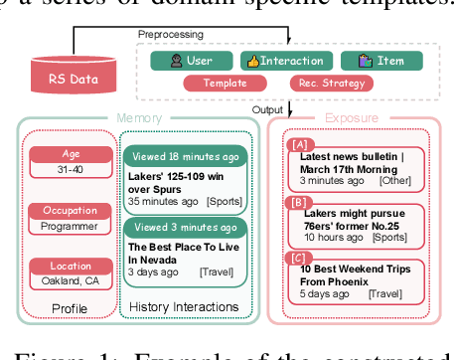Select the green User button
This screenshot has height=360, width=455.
pos(191,61)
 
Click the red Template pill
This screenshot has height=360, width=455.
pos(225,84)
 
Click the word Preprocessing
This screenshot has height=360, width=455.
pos(172,34)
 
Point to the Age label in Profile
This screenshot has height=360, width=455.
pos(71,154)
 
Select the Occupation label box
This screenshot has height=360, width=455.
pos(71,211)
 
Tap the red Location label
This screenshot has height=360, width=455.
pos(71,267)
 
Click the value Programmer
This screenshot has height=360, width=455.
pos(71,226)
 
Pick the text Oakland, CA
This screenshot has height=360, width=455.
pos(71,281)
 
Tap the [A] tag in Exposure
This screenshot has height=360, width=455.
pos(297,145)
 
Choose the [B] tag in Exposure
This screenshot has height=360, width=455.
pos(297,202)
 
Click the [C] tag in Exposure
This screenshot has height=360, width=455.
pos(297,258)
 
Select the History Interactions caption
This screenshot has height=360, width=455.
pos(184,306)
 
